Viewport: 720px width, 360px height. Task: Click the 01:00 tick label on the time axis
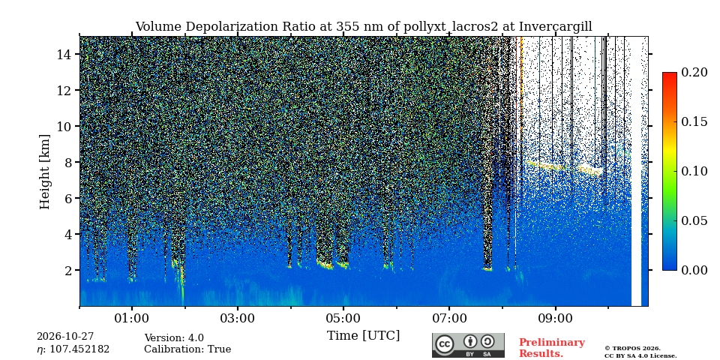132,319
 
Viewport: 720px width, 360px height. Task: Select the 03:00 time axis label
238,319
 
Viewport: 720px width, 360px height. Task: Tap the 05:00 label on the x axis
343,319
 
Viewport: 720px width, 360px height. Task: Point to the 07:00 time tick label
449,319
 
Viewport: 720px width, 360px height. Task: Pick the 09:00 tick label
555,319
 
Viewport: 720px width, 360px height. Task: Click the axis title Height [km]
44,172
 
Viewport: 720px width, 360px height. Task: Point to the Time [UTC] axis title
363,336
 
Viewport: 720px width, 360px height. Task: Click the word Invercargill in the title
556,27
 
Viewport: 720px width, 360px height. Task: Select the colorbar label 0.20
695,72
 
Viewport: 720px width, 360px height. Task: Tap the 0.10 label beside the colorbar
695,171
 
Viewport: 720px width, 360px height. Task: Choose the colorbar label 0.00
695,270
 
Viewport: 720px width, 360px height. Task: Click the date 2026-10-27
65,337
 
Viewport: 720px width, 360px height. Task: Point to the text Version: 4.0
174,338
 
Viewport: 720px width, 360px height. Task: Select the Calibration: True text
187,349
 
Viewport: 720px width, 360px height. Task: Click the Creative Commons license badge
468,345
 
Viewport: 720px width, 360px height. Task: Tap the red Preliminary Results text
552,348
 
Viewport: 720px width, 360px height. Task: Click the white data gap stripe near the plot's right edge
636,171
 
